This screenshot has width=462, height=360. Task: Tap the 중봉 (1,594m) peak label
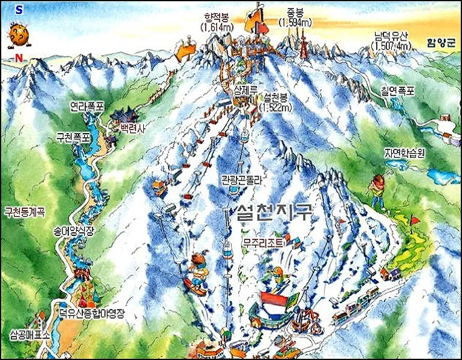(x=294, y=16)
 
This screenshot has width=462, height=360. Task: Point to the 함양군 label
(x=440, y=43)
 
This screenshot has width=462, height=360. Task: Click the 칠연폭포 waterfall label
(x=397, y=91)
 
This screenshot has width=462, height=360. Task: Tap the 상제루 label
(x=246, y=90)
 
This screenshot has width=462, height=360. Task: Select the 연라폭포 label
(x=87, y=106)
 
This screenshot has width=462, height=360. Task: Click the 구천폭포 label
(x=73, y=137)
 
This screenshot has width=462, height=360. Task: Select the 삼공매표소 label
(x=30, y=333)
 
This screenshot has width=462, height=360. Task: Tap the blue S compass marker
(x=19, y=10)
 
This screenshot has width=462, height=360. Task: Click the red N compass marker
(x=20, y=57)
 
